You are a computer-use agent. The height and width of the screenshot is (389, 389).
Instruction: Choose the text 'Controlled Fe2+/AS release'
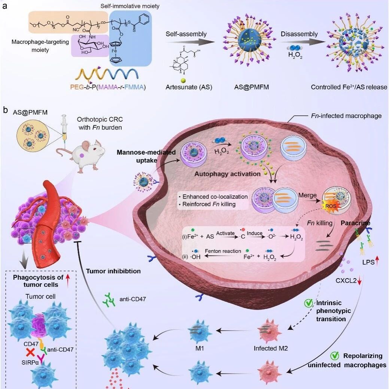coord(349,87)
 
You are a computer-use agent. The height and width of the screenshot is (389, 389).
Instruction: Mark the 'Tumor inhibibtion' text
coord(113,271)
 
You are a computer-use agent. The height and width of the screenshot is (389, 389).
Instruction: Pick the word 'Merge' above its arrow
coord(307,195)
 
